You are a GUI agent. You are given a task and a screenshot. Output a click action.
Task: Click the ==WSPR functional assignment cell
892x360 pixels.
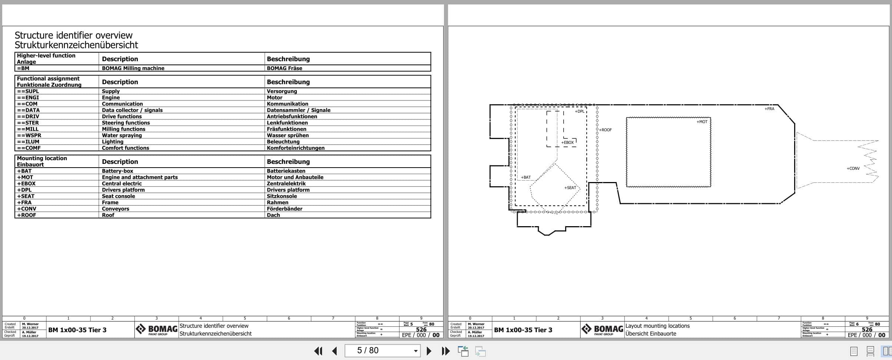pos(28,135)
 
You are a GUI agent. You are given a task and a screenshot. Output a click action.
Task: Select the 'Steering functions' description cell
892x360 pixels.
pos(126,123)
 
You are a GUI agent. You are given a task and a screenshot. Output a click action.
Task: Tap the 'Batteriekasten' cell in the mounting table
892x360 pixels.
pos(286,171)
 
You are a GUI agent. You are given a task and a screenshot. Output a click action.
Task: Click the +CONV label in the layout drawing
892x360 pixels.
pos(853,168)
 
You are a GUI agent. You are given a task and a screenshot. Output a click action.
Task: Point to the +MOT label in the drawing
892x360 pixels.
pos(702,122)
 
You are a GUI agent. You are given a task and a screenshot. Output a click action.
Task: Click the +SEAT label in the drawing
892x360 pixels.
pos(570,188)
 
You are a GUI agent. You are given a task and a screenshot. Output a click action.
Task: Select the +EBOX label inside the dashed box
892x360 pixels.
pos(567,142)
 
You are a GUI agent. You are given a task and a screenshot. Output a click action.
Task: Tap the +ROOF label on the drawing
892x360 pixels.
pos(606,130)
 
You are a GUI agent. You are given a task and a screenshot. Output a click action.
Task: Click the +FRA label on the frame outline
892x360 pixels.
pos(769,109)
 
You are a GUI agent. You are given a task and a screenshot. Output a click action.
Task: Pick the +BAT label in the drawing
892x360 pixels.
pos(525,177)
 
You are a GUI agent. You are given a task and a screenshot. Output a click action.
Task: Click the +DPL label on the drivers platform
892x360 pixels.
pos(579,111)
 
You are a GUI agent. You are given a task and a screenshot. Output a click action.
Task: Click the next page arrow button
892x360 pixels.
pos(429,351)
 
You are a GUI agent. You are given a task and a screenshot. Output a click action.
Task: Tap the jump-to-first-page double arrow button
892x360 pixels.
pos(318,351)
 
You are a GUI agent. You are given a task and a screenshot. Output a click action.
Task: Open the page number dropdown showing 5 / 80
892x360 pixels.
pos(416,351)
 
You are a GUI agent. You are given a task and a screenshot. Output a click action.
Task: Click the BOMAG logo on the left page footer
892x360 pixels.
pos(156,329)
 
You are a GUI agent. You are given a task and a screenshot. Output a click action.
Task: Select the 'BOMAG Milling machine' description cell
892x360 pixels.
pos(133,68)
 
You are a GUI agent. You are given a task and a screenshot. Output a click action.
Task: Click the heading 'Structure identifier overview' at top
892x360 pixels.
pos(73,35)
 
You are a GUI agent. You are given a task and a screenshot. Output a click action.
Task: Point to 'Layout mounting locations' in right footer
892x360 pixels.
pos(657,326)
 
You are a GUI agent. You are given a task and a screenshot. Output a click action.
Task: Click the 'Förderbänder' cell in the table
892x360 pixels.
pos(284,209)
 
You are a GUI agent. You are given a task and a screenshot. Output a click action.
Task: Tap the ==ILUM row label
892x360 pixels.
pos(28,142)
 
